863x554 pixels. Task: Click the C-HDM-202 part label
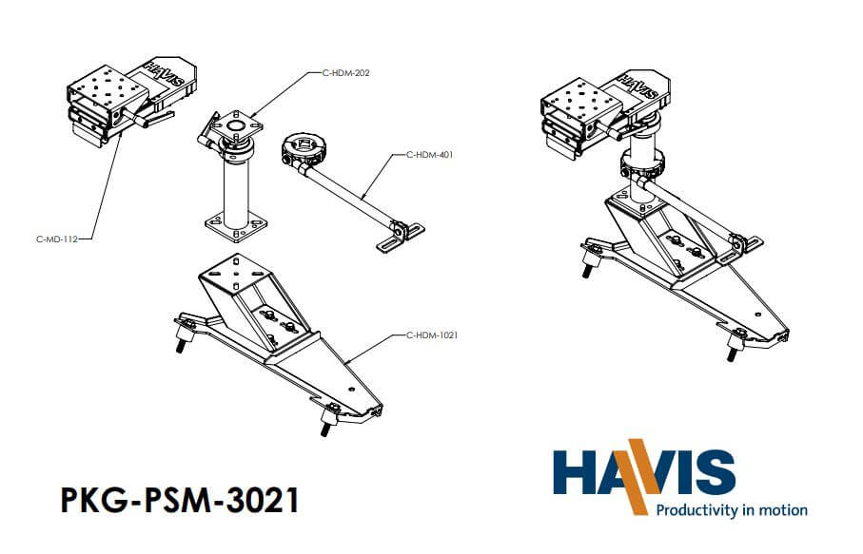click(x=347, y=72)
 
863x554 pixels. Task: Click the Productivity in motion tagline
click(x=731, y=509)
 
